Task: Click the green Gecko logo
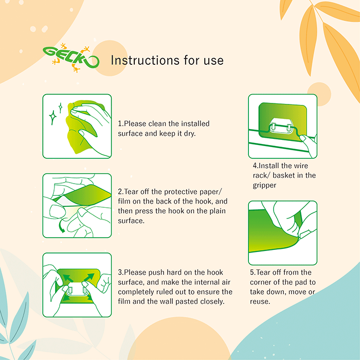coord(71,58)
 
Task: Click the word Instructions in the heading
coord(146,60)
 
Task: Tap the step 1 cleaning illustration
coord(77,126)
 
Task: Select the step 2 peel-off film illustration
coord(77,206)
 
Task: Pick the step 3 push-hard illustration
coord(77,285)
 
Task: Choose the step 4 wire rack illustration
coord(283,126)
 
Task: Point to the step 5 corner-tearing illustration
coord(283,233)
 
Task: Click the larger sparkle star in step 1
coord(53,117)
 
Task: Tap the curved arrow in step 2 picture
coord(61,226)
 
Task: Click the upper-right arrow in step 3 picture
coord(89,277)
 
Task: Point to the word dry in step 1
coord(189,133)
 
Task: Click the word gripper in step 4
coord(264,186)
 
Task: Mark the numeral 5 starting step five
coord(252,272)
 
